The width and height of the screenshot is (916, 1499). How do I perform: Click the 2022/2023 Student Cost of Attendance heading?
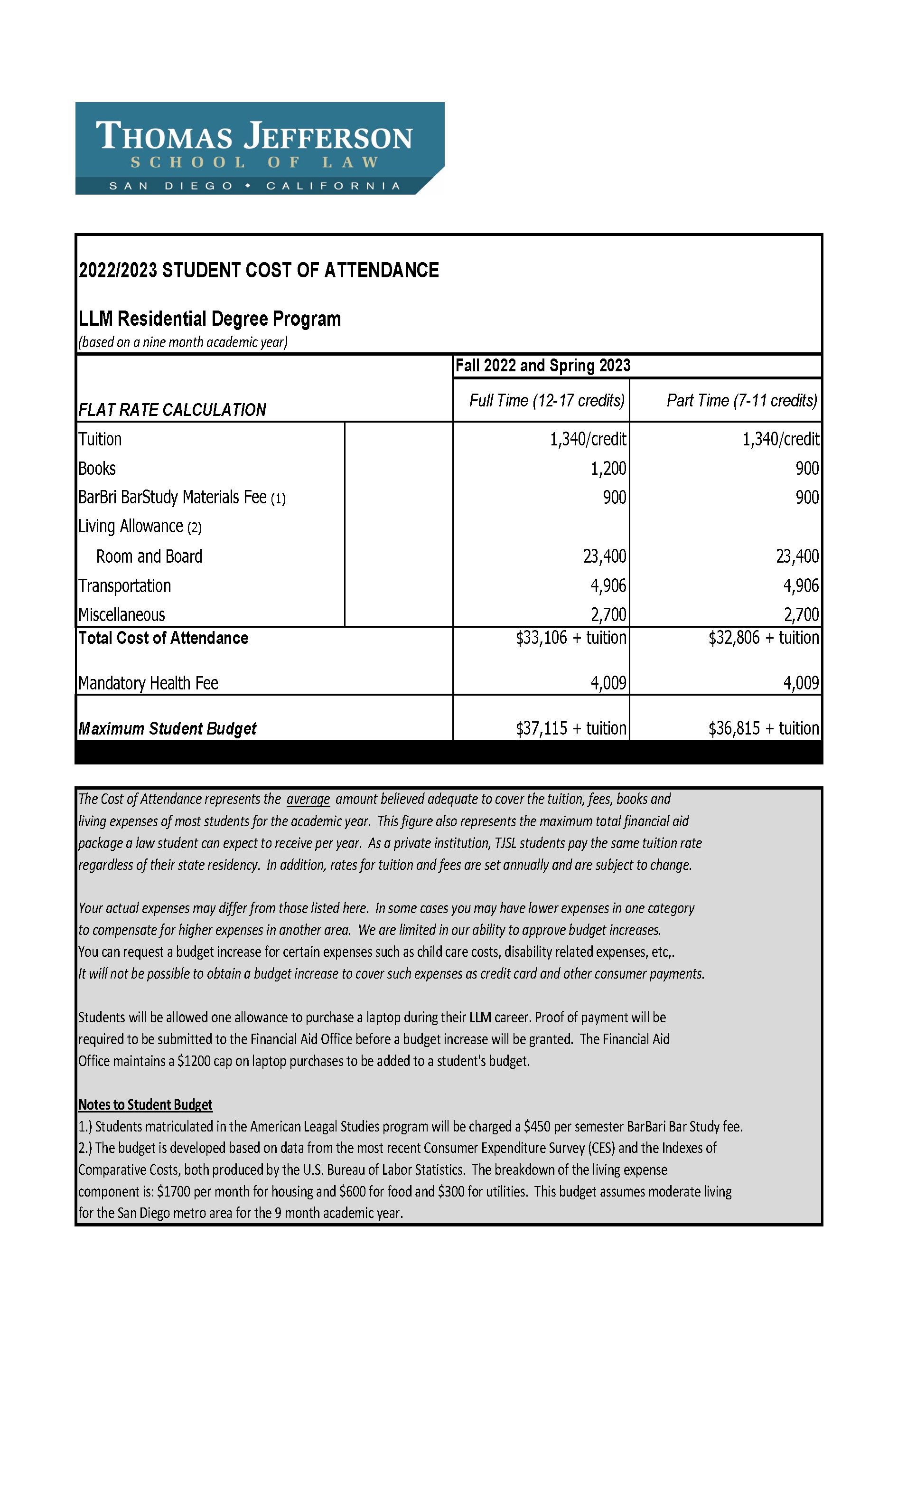click(259, 270)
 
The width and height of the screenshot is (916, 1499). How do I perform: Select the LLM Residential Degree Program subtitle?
click(209, 319)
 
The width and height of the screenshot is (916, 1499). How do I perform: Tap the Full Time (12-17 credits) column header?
click(546, 400)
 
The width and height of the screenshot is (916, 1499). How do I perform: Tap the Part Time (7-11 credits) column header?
click(741, 400)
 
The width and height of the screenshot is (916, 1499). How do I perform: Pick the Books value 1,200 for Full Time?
click(608, 469)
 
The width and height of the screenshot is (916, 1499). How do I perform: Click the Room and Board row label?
click(149, 556)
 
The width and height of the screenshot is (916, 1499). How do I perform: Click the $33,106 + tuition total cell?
click(570, 638)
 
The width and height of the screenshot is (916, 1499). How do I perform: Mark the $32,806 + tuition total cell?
click(763, 638)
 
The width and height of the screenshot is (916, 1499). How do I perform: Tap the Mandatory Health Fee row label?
click(148, 683)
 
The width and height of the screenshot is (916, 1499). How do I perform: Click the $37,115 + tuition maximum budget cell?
click(570, 728)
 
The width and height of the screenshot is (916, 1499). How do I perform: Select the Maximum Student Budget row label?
click(167, 729)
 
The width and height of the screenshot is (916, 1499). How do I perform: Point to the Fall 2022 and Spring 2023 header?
click(542, 366)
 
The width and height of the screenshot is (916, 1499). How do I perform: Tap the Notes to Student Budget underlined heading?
click(145, 1104)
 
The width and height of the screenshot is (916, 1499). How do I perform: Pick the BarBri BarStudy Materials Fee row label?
click(181, 498)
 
